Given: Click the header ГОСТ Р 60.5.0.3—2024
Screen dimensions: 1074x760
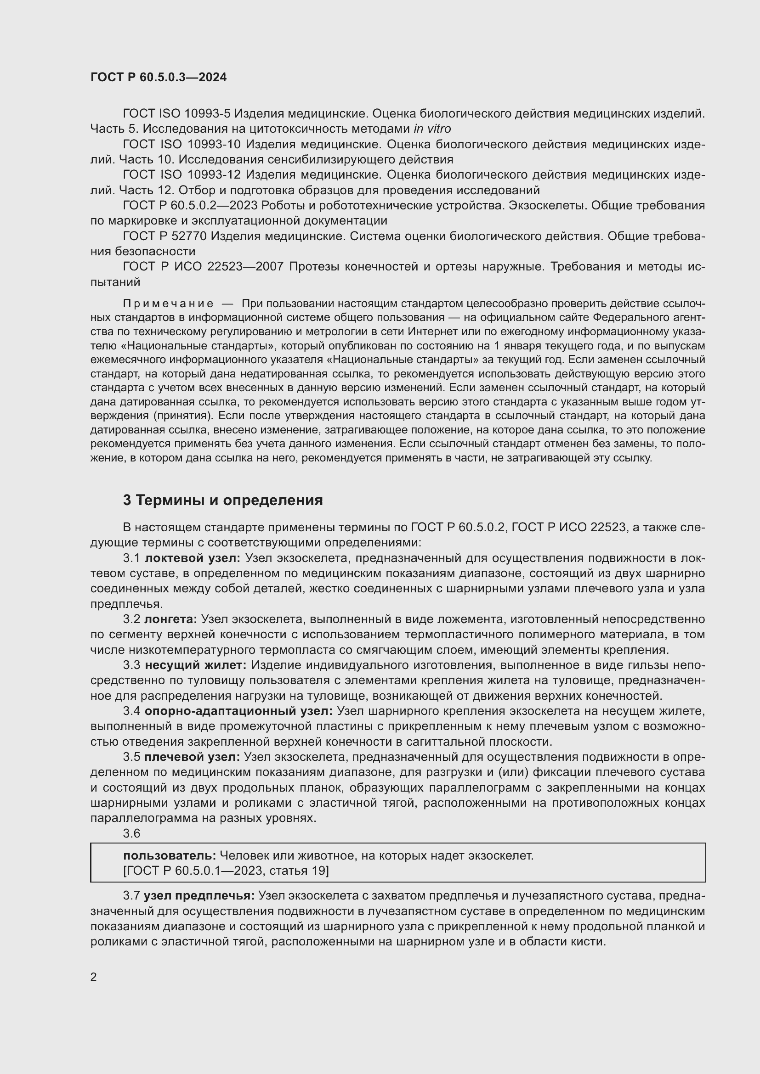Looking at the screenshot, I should point(159,77).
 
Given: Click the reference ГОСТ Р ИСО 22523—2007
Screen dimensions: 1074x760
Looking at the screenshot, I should point(203,266).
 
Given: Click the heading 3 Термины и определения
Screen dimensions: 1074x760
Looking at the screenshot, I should point(223,500).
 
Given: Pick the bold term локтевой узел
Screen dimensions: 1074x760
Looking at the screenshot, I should point(193,558).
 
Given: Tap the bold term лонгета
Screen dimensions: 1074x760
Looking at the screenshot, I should point(171,619).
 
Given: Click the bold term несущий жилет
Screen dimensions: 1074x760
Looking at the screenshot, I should point(196,665).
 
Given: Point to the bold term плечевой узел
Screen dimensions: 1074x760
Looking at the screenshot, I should point(193,757).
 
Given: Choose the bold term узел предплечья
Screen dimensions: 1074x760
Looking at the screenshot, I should point(199,896).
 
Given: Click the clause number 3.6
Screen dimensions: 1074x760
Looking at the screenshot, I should point(131,833).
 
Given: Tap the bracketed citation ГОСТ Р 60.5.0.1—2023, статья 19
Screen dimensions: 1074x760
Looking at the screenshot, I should point(226,871).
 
